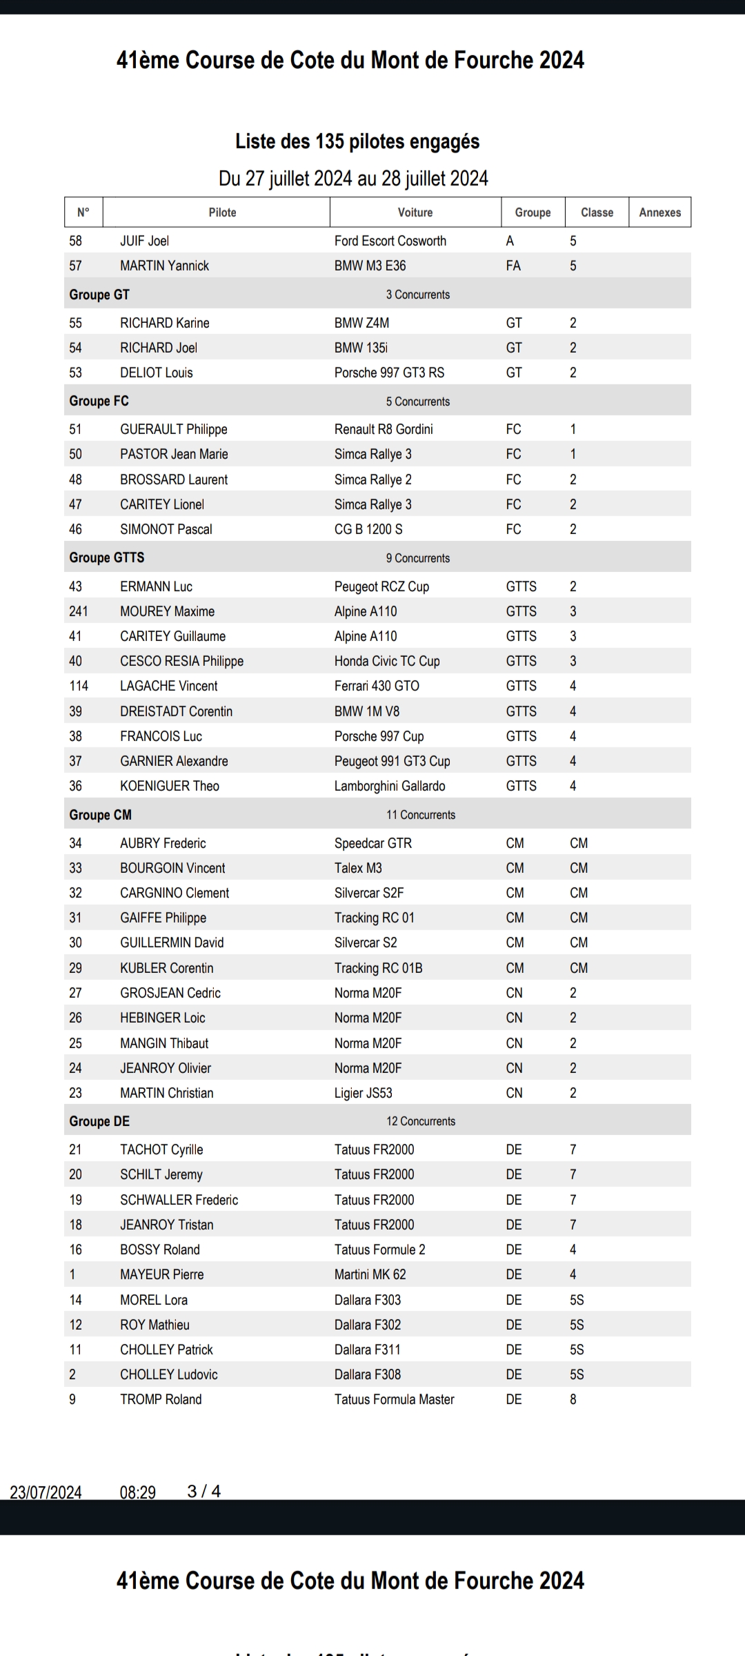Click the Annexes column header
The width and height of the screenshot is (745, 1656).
[659, 213]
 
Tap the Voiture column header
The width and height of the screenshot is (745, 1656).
[415, 213]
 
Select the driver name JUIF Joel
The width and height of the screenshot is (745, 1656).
[144, 241]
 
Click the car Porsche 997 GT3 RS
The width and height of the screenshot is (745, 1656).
[389, 373]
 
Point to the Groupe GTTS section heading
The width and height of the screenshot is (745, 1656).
[107, 558]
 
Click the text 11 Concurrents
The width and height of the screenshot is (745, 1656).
[421, 815]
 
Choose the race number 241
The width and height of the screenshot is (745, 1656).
[79, 611]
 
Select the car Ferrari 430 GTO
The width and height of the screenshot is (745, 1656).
[377, 686]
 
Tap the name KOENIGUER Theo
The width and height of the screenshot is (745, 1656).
[170, 786]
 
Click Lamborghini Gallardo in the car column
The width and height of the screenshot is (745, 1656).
[390, 786]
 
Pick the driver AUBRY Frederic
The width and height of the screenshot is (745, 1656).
[163, 843]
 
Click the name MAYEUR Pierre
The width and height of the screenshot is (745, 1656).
[162, 1274]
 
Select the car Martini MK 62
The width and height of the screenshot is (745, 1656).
[370, 1274]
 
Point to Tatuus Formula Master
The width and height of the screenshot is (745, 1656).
[395, 1399]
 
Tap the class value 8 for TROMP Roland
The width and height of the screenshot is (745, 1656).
[573, 1399]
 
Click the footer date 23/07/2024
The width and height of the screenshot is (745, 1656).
[46, 1492]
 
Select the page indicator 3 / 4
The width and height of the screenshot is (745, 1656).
[204, 1491]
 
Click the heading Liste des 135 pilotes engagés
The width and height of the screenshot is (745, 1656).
[357, 141]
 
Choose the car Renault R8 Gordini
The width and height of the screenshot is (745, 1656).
[384, 429]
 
